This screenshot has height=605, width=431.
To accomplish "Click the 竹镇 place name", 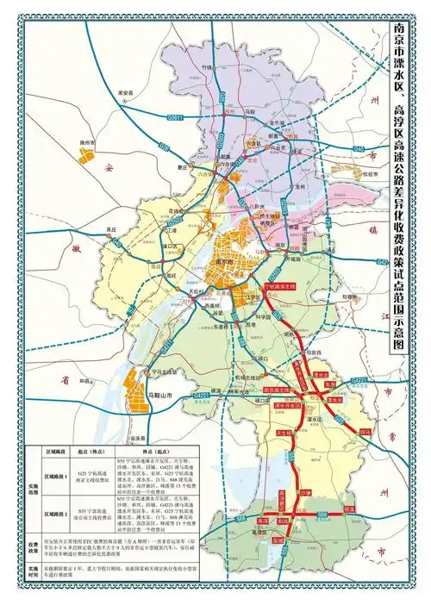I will pos(206,65).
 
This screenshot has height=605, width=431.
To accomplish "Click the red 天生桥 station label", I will pos(282,433).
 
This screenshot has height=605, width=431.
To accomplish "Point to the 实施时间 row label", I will pos(28,572).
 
